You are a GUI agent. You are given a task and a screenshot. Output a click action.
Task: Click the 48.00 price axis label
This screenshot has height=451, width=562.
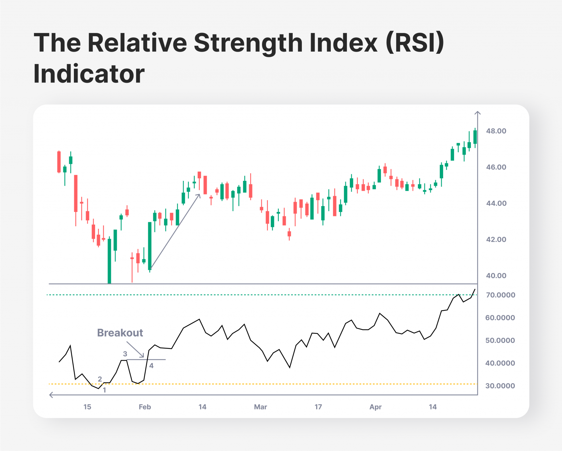click(x=496, y=131)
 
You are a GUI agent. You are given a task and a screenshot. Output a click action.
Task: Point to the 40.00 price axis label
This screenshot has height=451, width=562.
click(x=496, y=276)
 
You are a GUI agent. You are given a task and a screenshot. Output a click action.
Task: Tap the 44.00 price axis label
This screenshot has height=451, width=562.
click(x=496, y=203)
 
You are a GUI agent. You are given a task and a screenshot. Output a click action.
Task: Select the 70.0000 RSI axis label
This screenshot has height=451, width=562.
click(x=500, y=295)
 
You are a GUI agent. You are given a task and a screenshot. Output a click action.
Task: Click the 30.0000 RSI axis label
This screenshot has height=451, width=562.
click(x=500, y=386)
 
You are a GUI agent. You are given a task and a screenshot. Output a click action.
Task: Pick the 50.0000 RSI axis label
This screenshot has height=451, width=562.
click(x=500, y=340)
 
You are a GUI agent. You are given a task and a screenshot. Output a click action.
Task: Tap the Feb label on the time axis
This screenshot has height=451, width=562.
click(x=145, y=407)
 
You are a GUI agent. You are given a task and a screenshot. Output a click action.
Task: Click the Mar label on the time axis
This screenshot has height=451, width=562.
click(x=261, y=407)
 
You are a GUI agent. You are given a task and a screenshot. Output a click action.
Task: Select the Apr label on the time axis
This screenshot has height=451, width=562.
click(x=376, y=407)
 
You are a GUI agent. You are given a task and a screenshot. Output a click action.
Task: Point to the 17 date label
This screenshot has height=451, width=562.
click(x=318, y=407)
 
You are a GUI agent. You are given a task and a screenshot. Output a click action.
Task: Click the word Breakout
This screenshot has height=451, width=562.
click(x=120, y=333)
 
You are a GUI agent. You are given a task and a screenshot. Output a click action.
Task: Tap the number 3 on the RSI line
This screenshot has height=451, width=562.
click(x=125, y=354)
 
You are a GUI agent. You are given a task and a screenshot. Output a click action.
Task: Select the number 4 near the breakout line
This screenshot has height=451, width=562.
click(x=151, y=366)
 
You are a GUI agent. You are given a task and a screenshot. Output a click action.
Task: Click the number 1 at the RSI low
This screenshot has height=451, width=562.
click(x=105, y=390)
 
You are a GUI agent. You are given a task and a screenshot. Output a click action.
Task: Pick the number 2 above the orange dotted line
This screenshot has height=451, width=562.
click(x=100, y=379)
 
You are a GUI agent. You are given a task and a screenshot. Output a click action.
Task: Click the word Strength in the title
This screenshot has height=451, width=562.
click(x=249, y=43)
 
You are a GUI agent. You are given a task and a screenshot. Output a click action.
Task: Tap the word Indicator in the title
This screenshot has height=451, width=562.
click(x=89, y=74)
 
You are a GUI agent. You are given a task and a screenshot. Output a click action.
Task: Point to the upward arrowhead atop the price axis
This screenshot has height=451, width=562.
click(x=477, y=113)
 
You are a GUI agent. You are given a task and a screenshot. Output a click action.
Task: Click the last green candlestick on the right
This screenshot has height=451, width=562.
click(x=475, y=137)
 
